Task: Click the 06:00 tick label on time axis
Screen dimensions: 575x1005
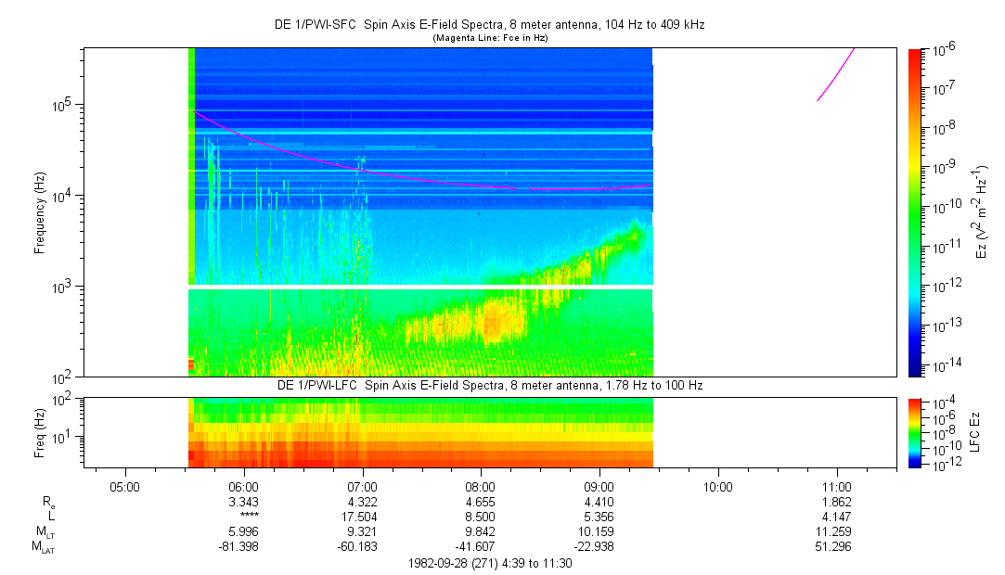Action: pyautogui.click(x=243, y=485)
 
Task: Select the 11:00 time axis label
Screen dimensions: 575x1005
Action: pyautogui.click(x=837, y=485)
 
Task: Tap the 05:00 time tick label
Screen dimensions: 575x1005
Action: pyautogui.click(x=124, y=485)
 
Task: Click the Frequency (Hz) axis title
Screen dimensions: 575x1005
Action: pyautogui.click(x=40, y=212)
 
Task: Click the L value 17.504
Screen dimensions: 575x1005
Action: pyautogui.click(x=362, y=516)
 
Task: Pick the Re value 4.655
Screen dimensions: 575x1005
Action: pyautogui.click(x=481, y=502)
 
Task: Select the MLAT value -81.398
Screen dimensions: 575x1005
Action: pyautogui.click(x=243, y=547)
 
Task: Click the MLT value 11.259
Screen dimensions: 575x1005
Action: pyautogui.click(x=837, y=532)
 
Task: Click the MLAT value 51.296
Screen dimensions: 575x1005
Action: pyautogui.click(x=837, y=547)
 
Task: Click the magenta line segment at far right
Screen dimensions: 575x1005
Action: pyautogui.click(x=835, y=74)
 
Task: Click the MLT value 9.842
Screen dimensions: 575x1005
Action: pyautogui.click(x=481, y=532)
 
